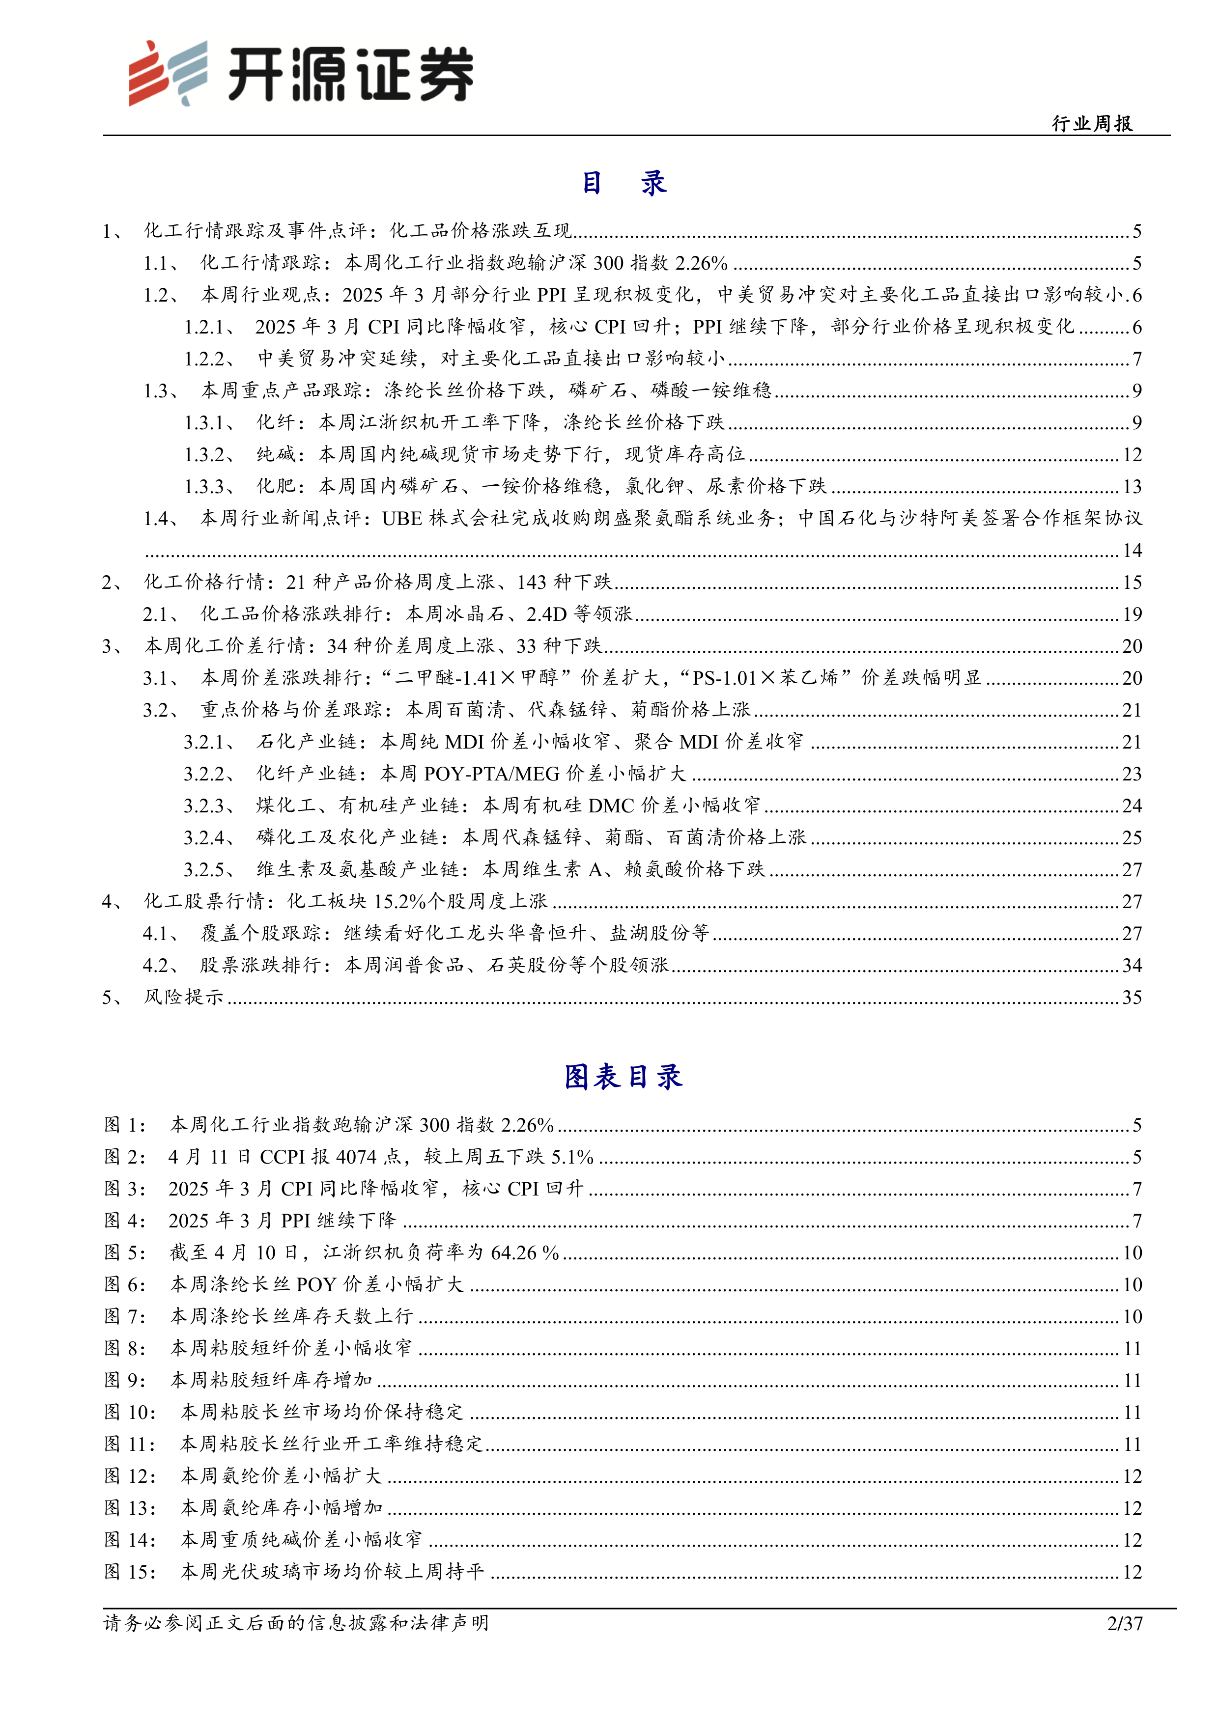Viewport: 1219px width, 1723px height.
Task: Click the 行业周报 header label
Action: (1092, 123)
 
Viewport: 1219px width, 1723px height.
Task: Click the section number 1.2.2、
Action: (209, 359)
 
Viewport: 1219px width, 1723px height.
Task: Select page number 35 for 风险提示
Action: (1132, 998)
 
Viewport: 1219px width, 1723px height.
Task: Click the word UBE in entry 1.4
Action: (401, 519)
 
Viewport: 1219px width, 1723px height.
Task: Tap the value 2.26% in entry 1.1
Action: (701, 263)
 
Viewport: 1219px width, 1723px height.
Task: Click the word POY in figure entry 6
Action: (316, 1285)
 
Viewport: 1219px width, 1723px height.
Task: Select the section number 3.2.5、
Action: (209, 870)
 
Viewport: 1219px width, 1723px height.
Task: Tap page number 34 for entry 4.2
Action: (1132, 965)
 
